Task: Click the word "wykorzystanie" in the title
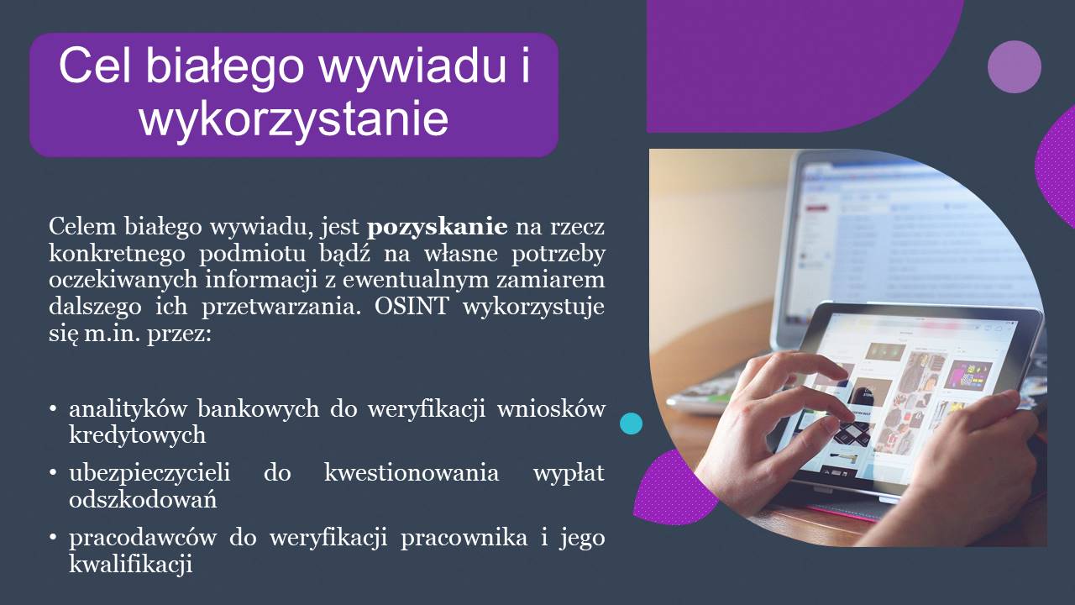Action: [294, 119]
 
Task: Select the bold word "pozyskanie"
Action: [438, 227]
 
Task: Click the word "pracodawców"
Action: [143, 538]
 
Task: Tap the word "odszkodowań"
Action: [143, 499]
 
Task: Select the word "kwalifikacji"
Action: [131, 564]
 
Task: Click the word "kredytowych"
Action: [137, 434]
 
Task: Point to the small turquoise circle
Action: [631, 423]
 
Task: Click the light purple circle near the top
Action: [1015, 66]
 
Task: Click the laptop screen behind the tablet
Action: [907, 227]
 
